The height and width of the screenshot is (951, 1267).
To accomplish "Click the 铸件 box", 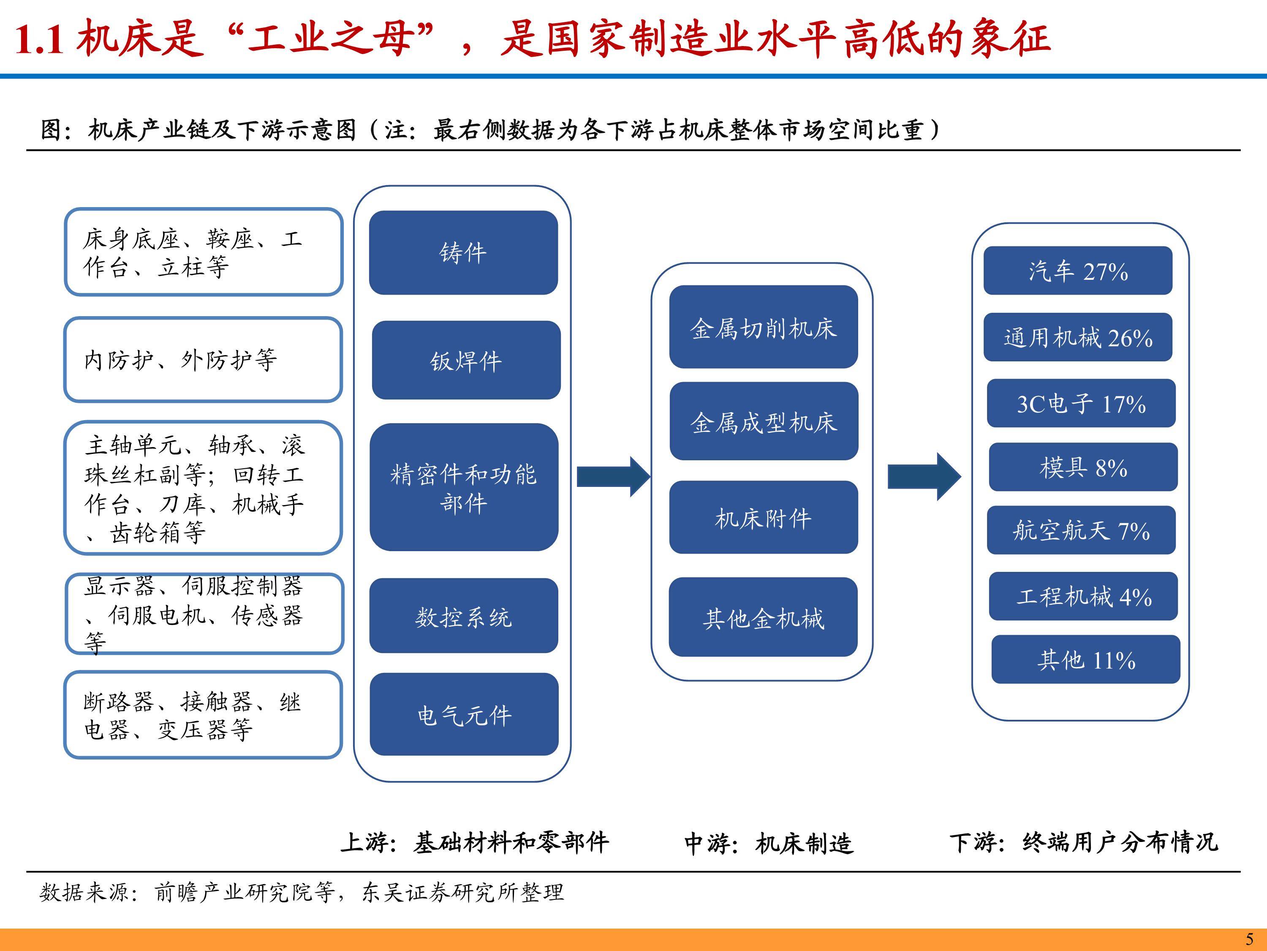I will pyautogui.click(x=463, y=253).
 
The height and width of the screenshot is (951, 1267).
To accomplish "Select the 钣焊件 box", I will pyautogui.click(x=466, y=360).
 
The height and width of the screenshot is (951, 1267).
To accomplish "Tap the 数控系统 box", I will pyautogui.click(x=463, y=616).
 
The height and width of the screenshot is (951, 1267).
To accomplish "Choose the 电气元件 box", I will pyautogui.click(x=464, y=714).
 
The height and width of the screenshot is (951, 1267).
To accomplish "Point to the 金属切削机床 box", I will pyautogui.click(x=763, y=327).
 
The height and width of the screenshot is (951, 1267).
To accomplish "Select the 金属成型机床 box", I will pyautogui.click(x=764, y=421).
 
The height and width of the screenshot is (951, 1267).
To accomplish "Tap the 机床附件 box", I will pyautogui.click(x=763, y=517).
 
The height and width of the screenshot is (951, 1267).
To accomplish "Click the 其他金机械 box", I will pyautogui.click(x=763, y=617).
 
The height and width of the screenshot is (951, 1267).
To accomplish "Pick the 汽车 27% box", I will pyautogui.click(x=1077, y=271).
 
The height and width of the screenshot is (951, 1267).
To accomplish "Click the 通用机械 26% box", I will pyautogui.click(x=1077, y=337).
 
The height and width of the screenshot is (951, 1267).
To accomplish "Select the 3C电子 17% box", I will pyautogui.click(x=1081, y=403).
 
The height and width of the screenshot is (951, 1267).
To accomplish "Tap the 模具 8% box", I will pyautogui.click(x=1082, y=467).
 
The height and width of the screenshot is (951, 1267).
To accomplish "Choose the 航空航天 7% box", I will pyautogui.click(x=1081, y=530).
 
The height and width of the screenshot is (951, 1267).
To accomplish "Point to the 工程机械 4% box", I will pyautogui.click(x=1082, y=596).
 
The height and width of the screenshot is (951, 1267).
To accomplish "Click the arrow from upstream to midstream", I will pyautogui.click(x=613, y=476).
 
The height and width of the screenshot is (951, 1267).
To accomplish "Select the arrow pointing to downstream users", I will pyautogui.click(x=923, y=476).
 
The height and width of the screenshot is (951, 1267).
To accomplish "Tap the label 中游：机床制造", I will pyautogui.click(x=769, y=843).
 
